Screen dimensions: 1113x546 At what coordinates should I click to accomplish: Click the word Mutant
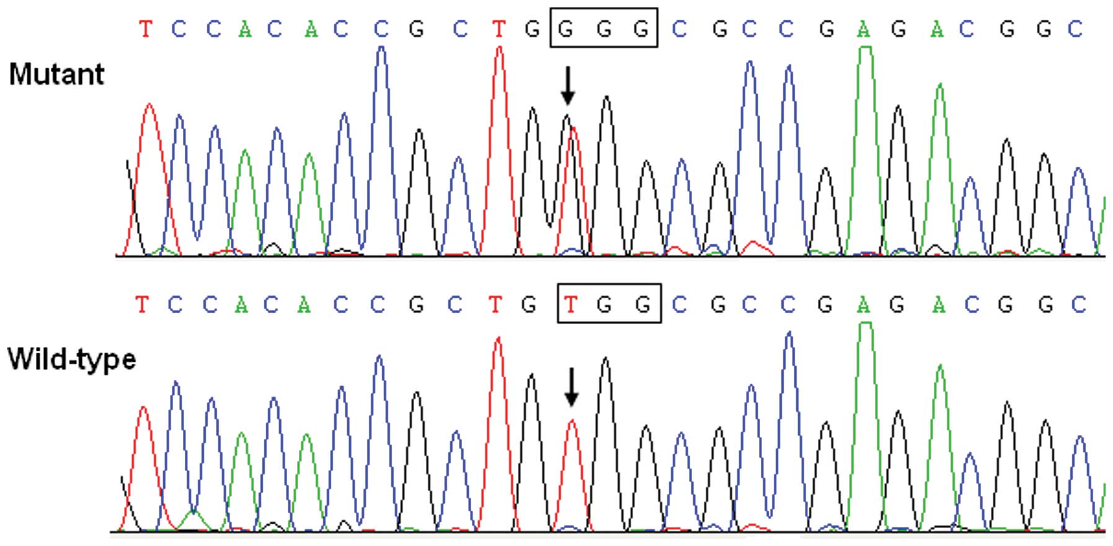click(56, 75)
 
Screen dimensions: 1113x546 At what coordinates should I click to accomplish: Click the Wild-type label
click(71, 359)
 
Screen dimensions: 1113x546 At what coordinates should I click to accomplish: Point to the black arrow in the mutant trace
click(567, 86)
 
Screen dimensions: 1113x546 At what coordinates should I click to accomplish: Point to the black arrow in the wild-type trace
click(571, 387)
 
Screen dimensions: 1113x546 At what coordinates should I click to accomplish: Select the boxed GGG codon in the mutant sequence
click(603, 28)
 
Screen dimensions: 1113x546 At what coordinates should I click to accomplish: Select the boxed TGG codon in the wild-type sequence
click(609, 304)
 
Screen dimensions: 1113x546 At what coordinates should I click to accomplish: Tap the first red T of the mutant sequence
click(145, 29)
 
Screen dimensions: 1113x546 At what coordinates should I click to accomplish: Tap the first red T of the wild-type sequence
click(142, 304)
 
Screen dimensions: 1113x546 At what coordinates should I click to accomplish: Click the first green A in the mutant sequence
click(246, 29)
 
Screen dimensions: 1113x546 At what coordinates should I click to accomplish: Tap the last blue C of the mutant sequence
click(1075, 29)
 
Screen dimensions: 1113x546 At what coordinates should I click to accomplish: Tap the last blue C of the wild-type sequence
click(1079, 304)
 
